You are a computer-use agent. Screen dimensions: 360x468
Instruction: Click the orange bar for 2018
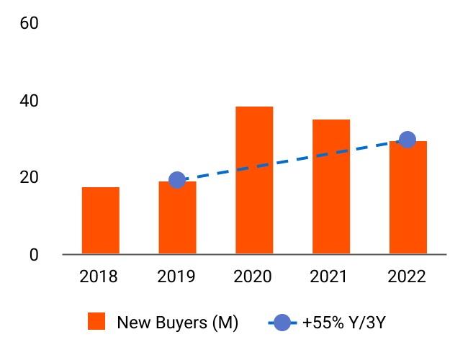tap(101, 220)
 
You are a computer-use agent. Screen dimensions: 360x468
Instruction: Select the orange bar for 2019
tap(177, 218)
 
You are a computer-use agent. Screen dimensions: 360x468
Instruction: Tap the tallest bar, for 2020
tap(254, 180)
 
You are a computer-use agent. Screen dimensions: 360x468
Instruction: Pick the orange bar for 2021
tap(331, 186)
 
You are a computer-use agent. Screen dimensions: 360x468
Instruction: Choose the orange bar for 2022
tap(408, 197)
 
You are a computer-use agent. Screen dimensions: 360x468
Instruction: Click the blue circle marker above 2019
tap(177, 180)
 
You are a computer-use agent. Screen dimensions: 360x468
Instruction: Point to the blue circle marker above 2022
tap(408, 140)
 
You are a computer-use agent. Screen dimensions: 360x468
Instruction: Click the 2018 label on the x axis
tap(101, 276)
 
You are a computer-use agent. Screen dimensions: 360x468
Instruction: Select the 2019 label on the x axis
tap(177, 276)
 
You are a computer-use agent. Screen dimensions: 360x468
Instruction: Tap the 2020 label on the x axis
tap(254, 276)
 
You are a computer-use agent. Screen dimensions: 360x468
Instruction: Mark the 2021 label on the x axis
tap(331, 276)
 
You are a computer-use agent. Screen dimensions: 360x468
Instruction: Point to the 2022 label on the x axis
tap(408, 276)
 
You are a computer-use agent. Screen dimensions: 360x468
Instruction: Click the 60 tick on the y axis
tap(30, 23)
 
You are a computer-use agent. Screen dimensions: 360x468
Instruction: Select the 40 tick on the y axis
tap(30, 100)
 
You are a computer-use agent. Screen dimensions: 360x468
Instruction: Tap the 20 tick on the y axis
tap(30, 177)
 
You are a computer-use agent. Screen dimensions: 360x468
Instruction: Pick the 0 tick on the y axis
tap(34, 254)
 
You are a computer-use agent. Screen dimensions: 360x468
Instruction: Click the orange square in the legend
tap(96, 322)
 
